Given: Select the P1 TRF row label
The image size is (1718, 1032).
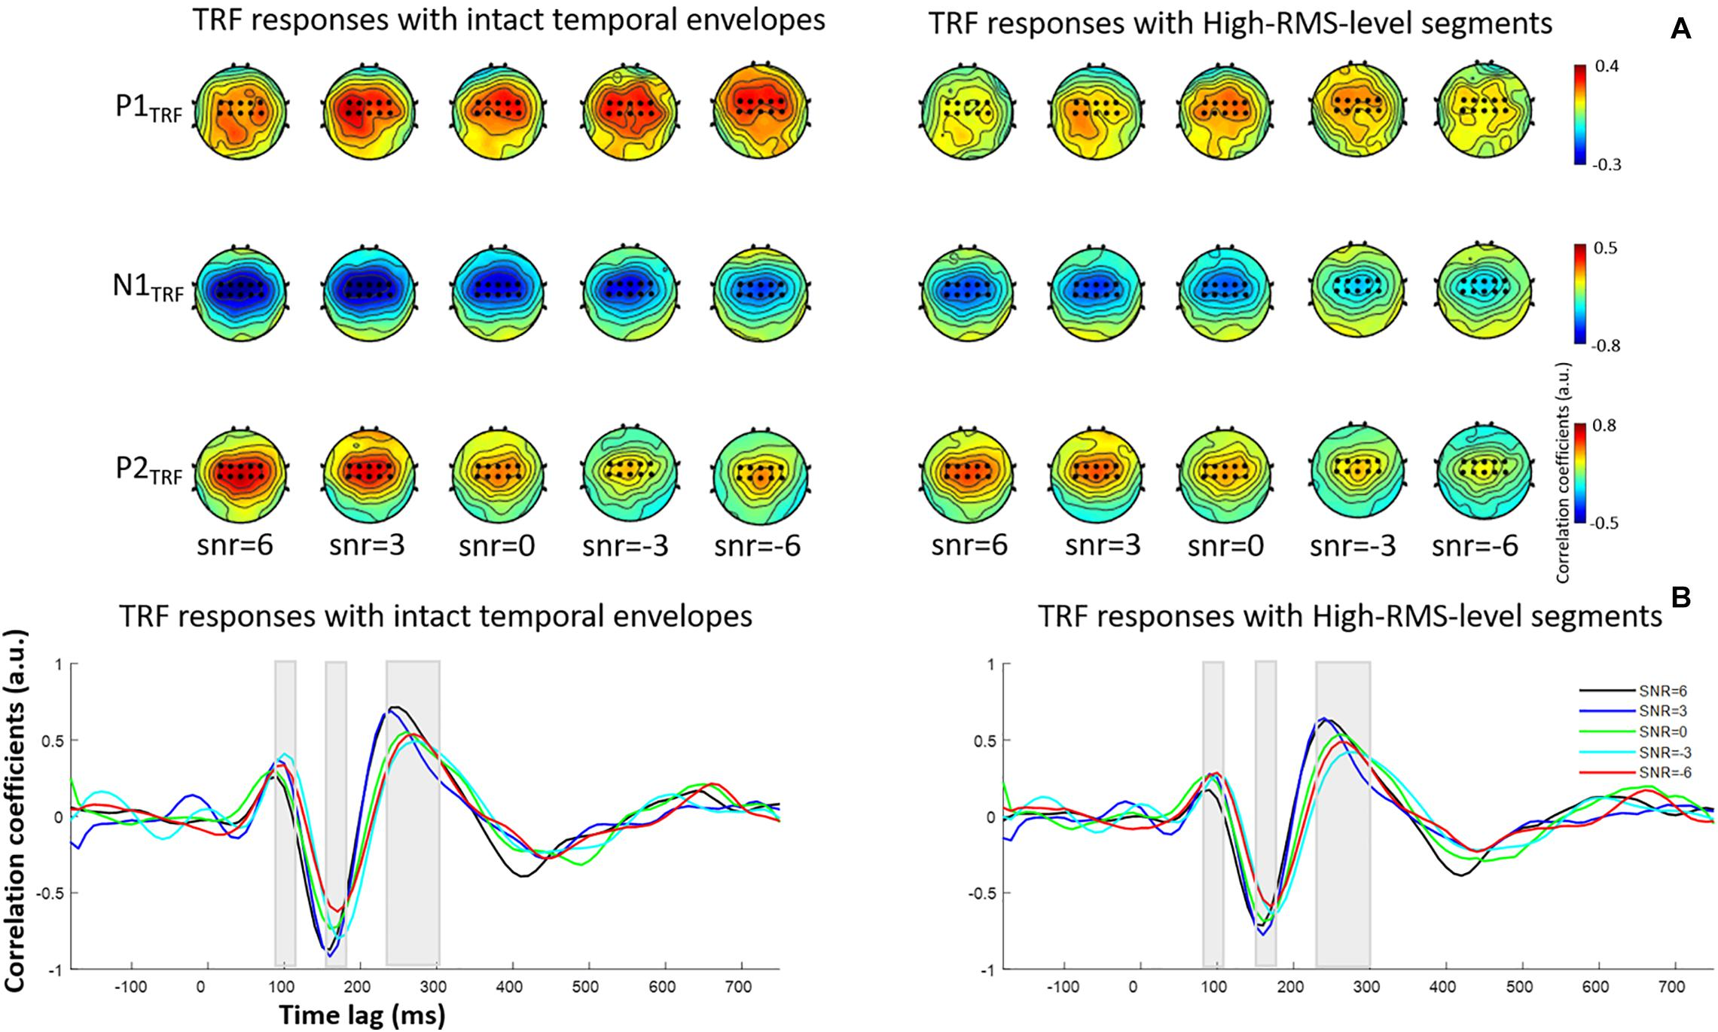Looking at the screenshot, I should pyautogui.click(x=148, y=109).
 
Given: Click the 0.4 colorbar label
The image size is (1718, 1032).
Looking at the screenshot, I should pyautogui.click(x=1607, y=67).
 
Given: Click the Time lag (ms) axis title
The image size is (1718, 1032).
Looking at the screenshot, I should pyautogui.click(x=362, y=1015).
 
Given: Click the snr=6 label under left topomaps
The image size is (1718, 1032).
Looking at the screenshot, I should pyautogui.click(x=234, y=545).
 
